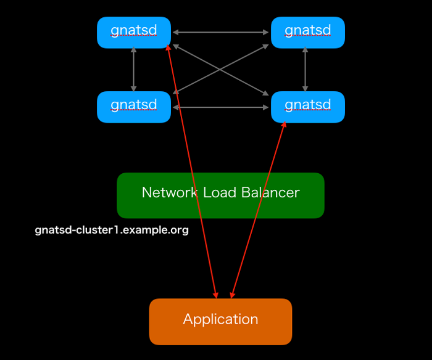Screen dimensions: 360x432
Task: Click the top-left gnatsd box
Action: click(x=134, y=32)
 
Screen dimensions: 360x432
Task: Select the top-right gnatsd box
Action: click(x=307, y=32)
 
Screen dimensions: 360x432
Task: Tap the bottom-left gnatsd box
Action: click(x=134, y=107)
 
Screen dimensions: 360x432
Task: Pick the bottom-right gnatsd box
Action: click(x=307, y=107)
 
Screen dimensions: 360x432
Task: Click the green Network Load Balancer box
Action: click(x=220, y=195)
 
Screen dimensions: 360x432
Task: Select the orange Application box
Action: click(x=220, y=321)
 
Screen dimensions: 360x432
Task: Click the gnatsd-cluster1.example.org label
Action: click(x=112, y=231)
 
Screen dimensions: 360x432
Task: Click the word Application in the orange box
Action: click(x=220, y=319)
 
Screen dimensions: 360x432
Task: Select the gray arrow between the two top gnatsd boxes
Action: click(x=221, y=32)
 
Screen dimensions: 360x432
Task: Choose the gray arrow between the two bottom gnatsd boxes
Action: click(x=221, y=107)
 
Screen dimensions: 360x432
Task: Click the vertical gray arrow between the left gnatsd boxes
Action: click(x=134, y=70)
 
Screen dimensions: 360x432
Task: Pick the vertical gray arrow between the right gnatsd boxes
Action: click(x=305, y=70)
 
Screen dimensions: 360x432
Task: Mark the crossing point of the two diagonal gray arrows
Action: click(x=220, y=69)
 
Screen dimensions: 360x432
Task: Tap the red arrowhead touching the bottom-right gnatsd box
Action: click(x=285, y=124)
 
